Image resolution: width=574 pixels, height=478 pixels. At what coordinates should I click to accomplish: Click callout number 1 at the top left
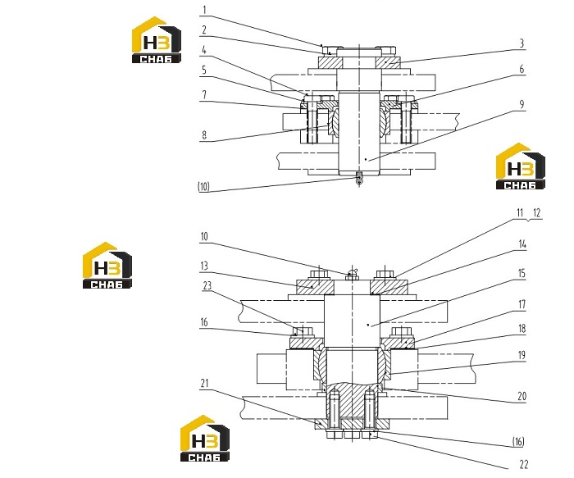204,10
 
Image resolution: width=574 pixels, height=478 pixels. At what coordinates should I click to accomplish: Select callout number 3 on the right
522,43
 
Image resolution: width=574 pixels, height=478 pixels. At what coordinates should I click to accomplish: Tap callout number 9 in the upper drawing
522,105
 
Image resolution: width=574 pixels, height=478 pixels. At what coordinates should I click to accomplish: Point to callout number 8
204,135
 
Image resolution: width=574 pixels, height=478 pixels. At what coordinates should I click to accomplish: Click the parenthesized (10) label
204,187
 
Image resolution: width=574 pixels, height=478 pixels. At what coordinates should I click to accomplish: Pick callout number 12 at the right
536,212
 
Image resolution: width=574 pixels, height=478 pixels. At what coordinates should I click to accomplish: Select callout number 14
522,244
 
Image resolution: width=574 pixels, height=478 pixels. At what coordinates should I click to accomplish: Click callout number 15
522,273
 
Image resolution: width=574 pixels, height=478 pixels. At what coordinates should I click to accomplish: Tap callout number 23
207,285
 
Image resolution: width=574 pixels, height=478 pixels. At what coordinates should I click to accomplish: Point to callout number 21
205,383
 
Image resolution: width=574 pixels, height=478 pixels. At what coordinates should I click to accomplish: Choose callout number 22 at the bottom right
524,464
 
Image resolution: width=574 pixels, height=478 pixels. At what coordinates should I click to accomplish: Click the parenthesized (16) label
518,442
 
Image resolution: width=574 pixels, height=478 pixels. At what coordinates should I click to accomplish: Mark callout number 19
522,355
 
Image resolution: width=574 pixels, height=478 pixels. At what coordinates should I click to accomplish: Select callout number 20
522,396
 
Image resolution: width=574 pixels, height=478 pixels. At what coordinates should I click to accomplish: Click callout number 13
204,266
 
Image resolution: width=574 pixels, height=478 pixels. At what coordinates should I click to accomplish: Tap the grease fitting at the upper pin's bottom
359,180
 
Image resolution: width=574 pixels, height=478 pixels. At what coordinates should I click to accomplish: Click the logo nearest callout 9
521,166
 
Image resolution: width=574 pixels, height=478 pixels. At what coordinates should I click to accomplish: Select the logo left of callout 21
205,439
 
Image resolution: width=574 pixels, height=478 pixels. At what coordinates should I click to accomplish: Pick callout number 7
204,95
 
